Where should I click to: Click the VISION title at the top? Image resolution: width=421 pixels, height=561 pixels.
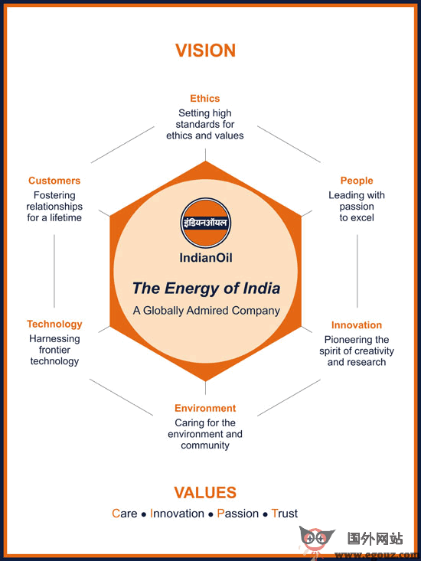click(206, 51)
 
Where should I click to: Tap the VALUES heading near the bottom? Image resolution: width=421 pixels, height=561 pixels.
click(205, 493)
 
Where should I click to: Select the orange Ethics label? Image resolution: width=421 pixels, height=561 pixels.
click(205, 99)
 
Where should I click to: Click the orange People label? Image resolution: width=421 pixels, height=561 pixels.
click(357, 181)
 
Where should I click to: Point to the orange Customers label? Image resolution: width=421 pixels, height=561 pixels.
click(54, 181)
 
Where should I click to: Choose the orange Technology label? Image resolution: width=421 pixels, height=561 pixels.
click(54, 325)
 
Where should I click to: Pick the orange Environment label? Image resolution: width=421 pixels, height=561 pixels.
click(205, 408)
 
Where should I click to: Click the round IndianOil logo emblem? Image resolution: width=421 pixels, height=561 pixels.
click(206, 223)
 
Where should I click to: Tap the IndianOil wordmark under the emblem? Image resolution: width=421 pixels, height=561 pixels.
click(206, 258)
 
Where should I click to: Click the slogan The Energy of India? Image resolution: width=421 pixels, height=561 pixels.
click(206, 289)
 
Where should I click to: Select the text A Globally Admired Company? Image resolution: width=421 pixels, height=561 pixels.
click(207, 311)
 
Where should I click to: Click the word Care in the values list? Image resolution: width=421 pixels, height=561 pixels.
click(125, 514)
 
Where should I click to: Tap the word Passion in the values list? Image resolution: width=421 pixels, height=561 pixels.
click(238, 514)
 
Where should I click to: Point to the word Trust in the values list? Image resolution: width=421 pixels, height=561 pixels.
click(284, 514)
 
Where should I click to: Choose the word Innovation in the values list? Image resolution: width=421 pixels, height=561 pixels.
click(177, 514)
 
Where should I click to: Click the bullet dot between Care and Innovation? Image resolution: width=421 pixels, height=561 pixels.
click(144, 515)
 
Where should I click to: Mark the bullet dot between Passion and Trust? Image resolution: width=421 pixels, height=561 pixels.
click(265, 515)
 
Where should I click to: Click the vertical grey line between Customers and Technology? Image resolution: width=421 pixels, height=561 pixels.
click(54, 271)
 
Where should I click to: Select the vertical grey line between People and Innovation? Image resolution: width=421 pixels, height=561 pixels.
click(357, 271)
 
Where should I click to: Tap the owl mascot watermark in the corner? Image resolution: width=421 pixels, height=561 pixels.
click(317, 540)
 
